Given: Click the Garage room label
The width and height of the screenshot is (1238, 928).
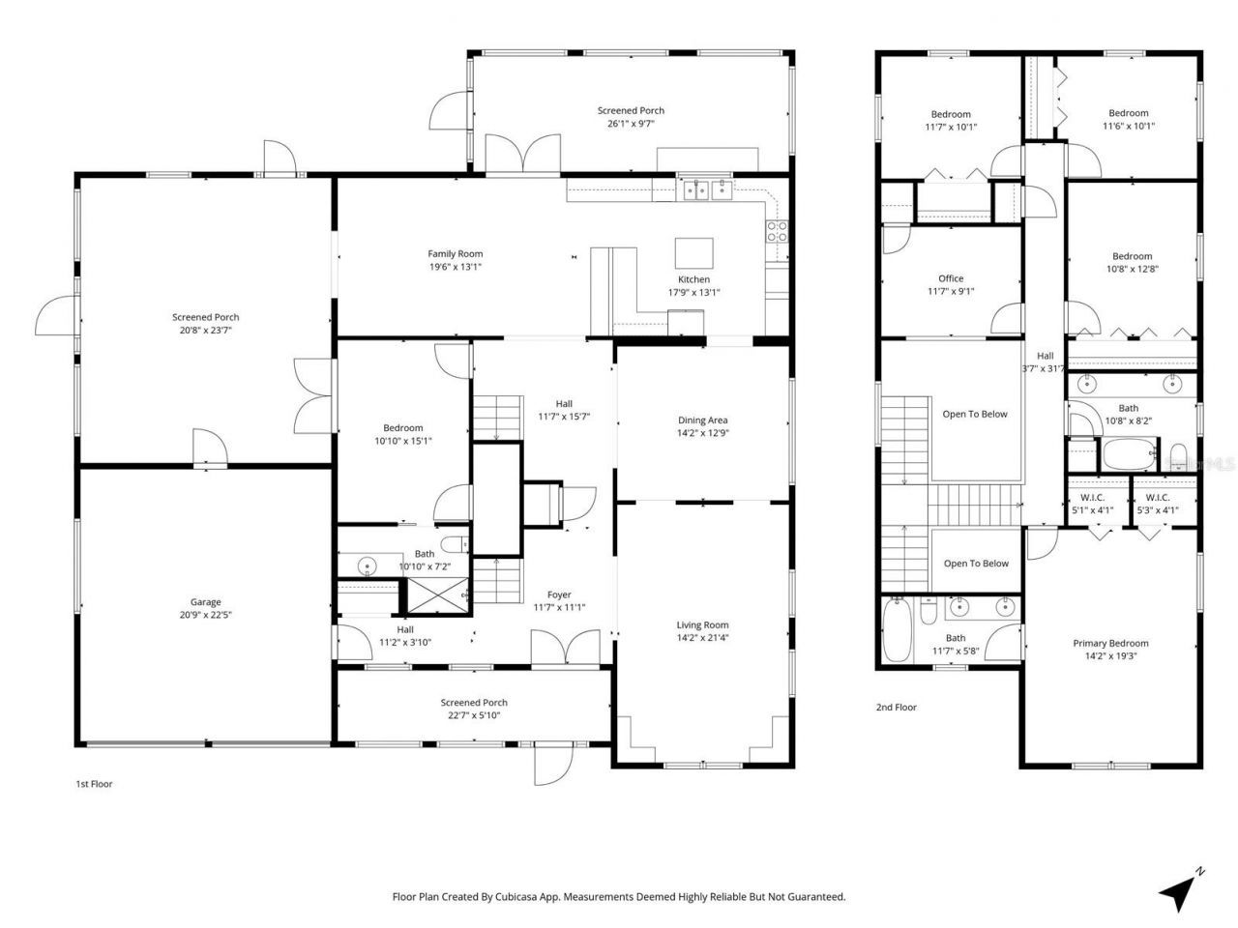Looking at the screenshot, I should [x=205, y=602].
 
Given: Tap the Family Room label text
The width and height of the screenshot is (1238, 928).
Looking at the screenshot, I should [x=455, y=254].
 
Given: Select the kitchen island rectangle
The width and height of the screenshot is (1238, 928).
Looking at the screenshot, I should [x=694, y=253].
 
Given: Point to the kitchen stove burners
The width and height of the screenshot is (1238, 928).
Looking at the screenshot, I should [x=778, y=231].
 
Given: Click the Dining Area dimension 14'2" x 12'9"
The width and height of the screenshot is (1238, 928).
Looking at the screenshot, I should [x=703, y=433].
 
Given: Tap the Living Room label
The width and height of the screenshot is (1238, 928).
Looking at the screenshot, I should [x=703, y=625].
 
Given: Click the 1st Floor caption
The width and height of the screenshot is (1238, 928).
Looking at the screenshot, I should [x=94, y=784].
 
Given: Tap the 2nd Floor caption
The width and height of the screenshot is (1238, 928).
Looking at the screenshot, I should [x=896, y=708].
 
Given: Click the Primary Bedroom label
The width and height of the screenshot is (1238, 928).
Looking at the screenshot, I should [x=1110, y=644].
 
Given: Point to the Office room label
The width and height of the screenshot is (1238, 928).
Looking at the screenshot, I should [x=951, y=278].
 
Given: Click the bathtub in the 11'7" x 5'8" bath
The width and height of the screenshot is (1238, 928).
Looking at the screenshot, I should [x=897, y=631].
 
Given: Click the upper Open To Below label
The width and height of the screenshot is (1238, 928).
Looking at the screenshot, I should [x=975, y=414].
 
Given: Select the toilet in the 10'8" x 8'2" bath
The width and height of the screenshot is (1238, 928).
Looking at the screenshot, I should [x=1178, y=455].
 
